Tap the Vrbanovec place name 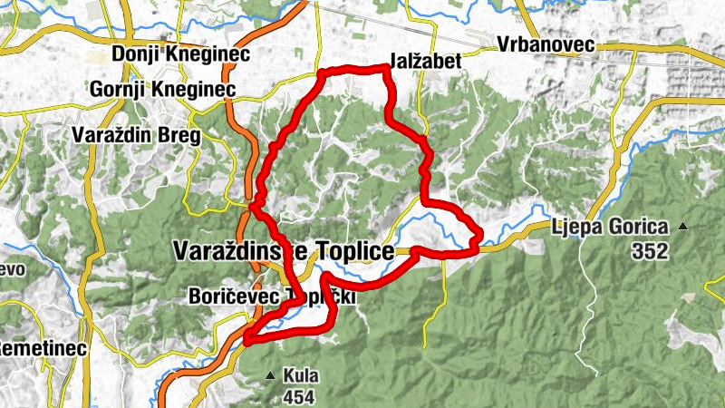click(x=545, y=44)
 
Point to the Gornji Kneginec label click(x=163, y=90)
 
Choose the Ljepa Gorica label click(x=610, y=227)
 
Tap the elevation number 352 click(x=650, y=251)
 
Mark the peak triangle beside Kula click(x=270, y=374)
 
